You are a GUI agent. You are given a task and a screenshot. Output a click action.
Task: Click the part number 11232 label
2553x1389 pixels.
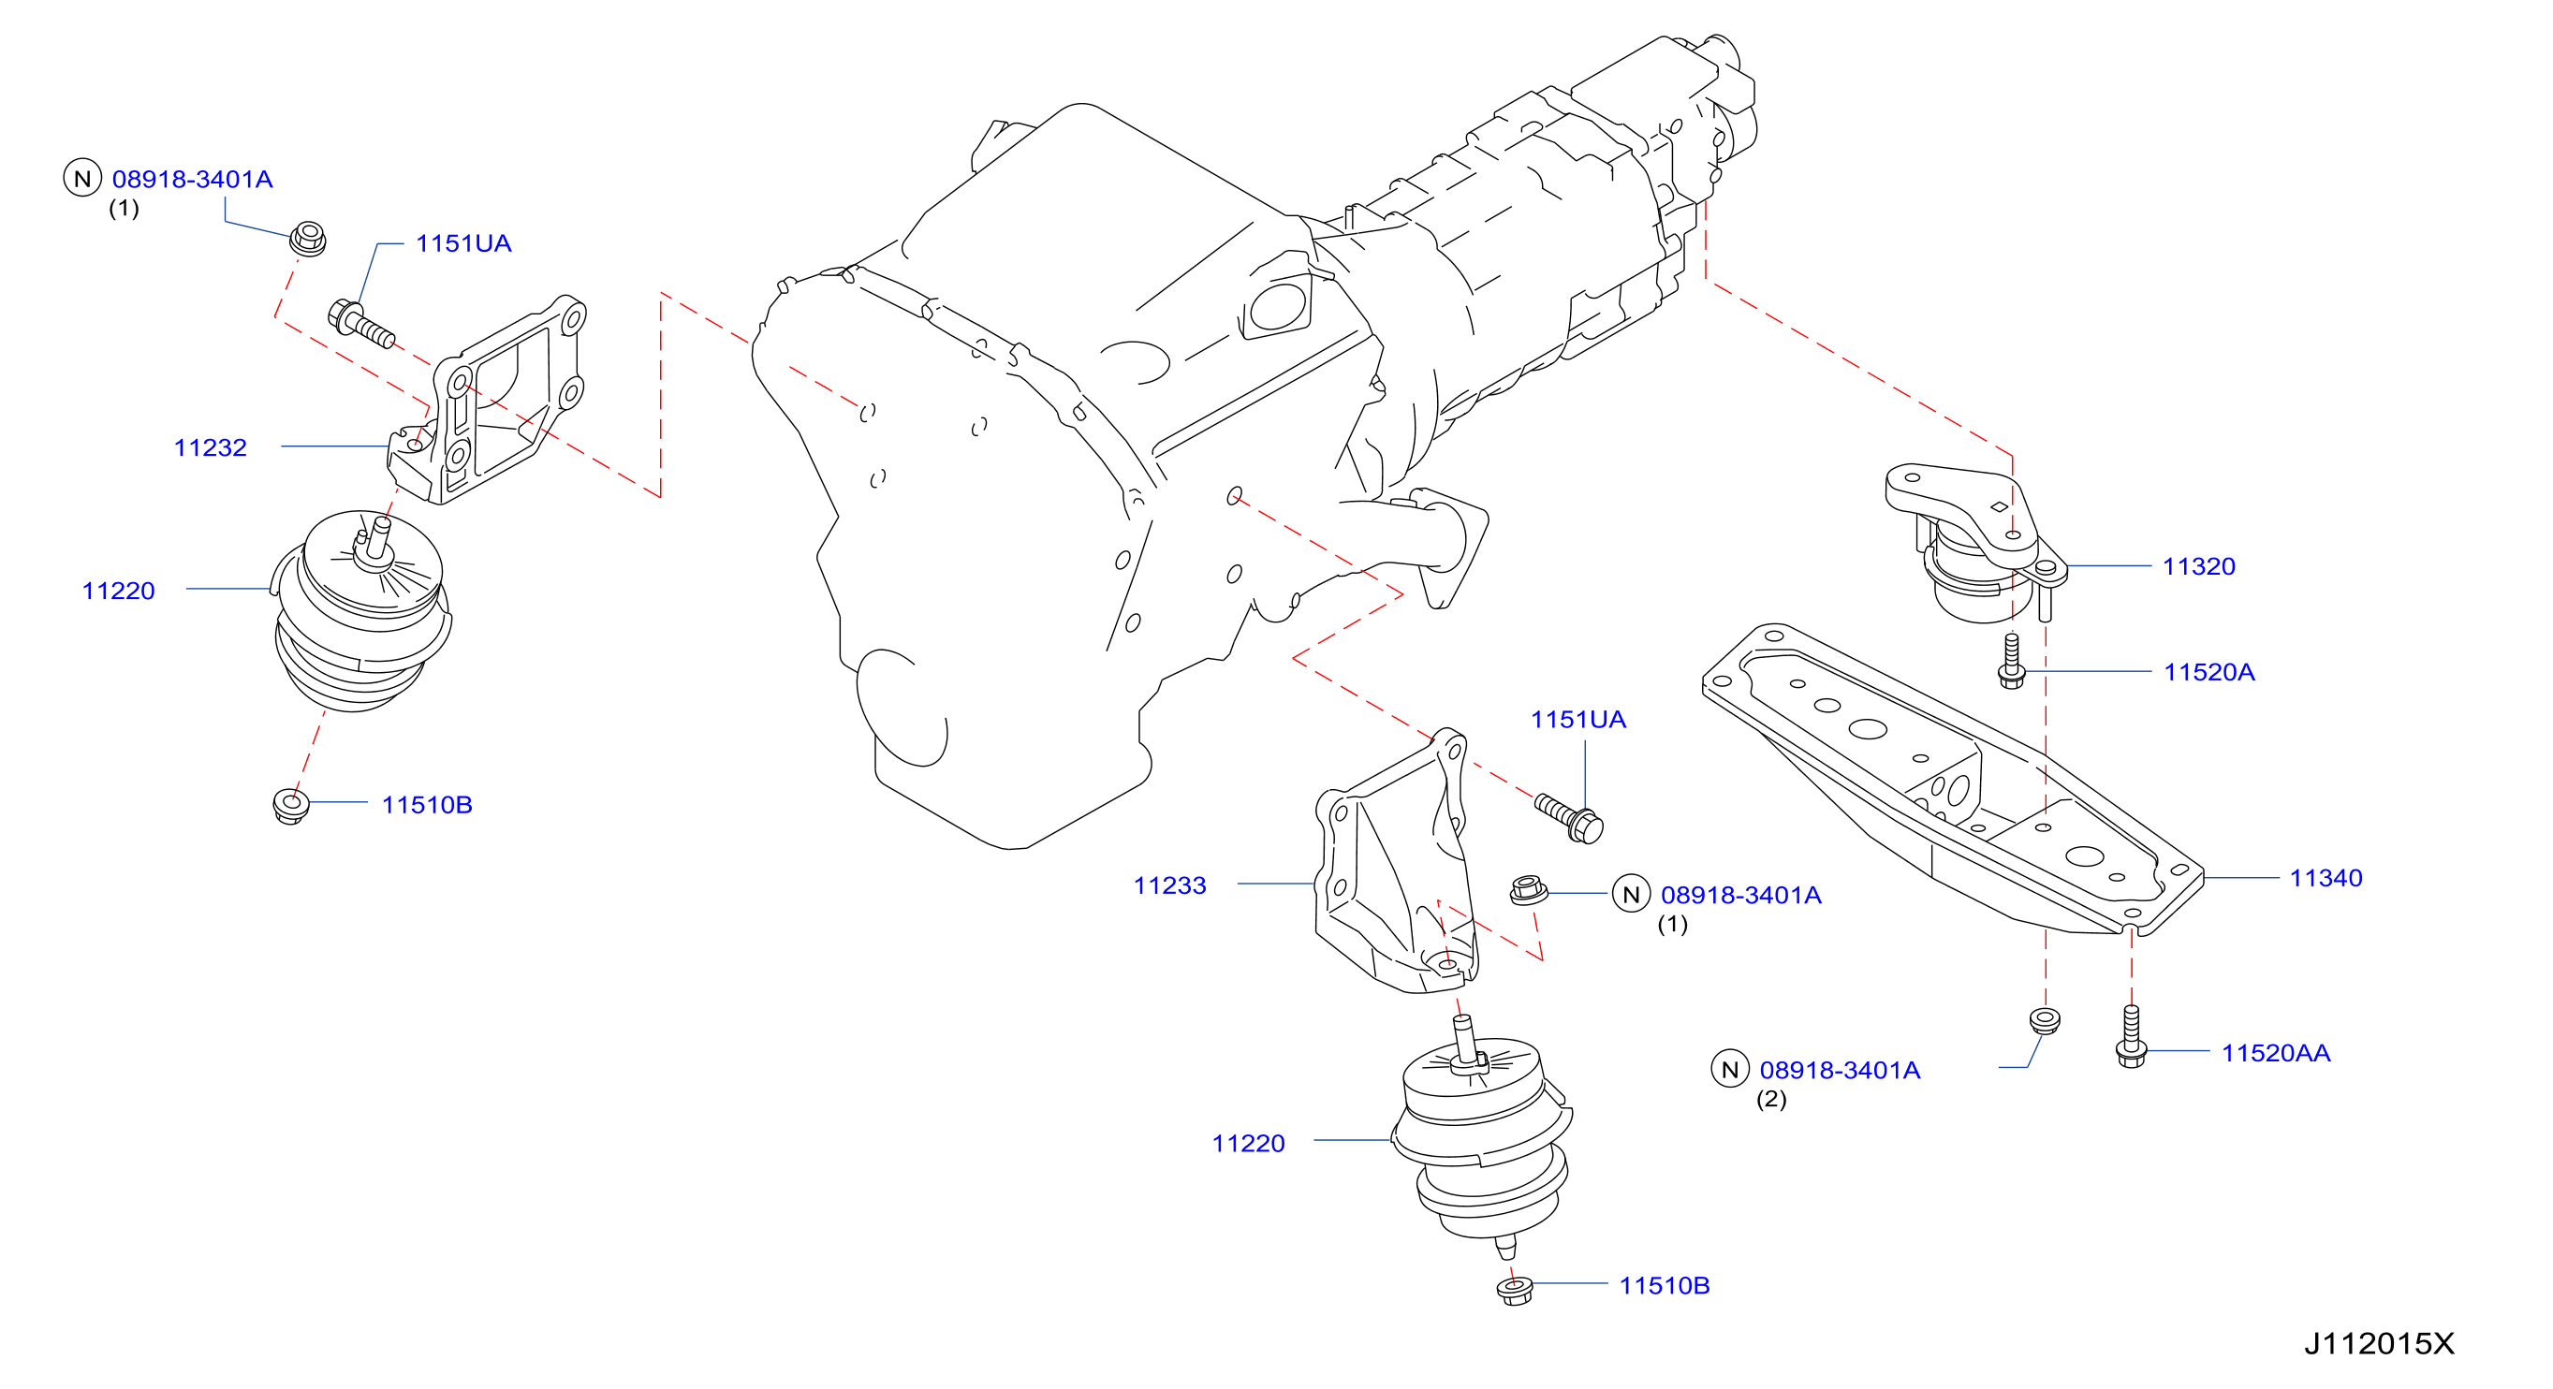pos(210,447)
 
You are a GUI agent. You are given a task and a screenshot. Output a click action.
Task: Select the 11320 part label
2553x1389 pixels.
pos(2198,566)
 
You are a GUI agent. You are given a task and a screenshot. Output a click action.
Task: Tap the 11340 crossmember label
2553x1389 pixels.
pos(2326,878)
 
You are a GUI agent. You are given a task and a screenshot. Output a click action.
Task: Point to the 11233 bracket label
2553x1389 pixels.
pos(1169,885)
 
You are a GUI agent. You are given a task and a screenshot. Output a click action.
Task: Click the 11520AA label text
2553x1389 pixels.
pos(2276,1053)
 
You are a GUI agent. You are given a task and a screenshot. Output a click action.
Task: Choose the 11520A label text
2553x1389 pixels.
pos(2209,673)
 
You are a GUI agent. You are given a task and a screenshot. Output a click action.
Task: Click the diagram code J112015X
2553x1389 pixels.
pos(2379,1344)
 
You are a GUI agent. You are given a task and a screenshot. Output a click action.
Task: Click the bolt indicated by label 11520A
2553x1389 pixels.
pos(2011,661)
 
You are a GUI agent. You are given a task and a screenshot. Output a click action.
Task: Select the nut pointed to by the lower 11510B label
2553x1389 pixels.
pos(1515,1291)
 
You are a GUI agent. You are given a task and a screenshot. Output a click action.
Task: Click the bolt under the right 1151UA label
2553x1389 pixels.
pos(1570,818)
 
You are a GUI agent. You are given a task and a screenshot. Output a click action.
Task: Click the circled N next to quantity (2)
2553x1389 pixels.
pos(1729,1070)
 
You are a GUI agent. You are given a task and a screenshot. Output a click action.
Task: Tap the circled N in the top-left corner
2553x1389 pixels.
pos(82,179)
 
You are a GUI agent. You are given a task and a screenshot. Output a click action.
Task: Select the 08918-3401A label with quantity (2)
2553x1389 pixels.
pos(1840,1071)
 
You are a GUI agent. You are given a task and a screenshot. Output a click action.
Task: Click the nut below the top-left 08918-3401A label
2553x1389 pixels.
pos(307,239)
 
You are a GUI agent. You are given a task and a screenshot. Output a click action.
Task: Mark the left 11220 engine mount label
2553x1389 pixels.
pos(118,592)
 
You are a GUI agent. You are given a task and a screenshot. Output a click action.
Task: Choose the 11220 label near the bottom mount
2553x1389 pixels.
pos(1248,1145)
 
